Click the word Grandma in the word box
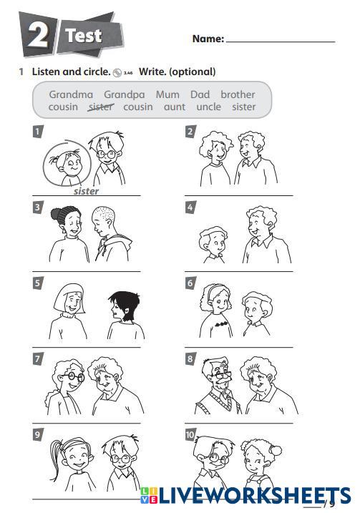click(71, 94)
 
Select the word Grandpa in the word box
click(125, 95)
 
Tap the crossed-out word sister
click(101, 107)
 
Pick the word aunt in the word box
click(175, 107)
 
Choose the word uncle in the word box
click(208, 107)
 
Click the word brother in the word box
click(238, 94)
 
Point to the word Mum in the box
click(167, 94)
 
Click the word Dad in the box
click(200, 94)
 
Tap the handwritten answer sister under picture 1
click(86, 191)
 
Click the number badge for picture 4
click(190, 207)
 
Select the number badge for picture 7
click(38, 359)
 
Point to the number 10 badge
click(190, 435)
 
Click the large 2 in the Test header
click(38, 35)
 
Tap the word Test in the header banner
click(84, 35)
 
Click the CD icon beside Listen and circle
click(117, 73)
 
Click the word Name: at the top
click(208, 39)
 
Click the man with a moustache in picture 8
click(218, 386)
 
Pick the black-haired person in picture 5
click(126, 315)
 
